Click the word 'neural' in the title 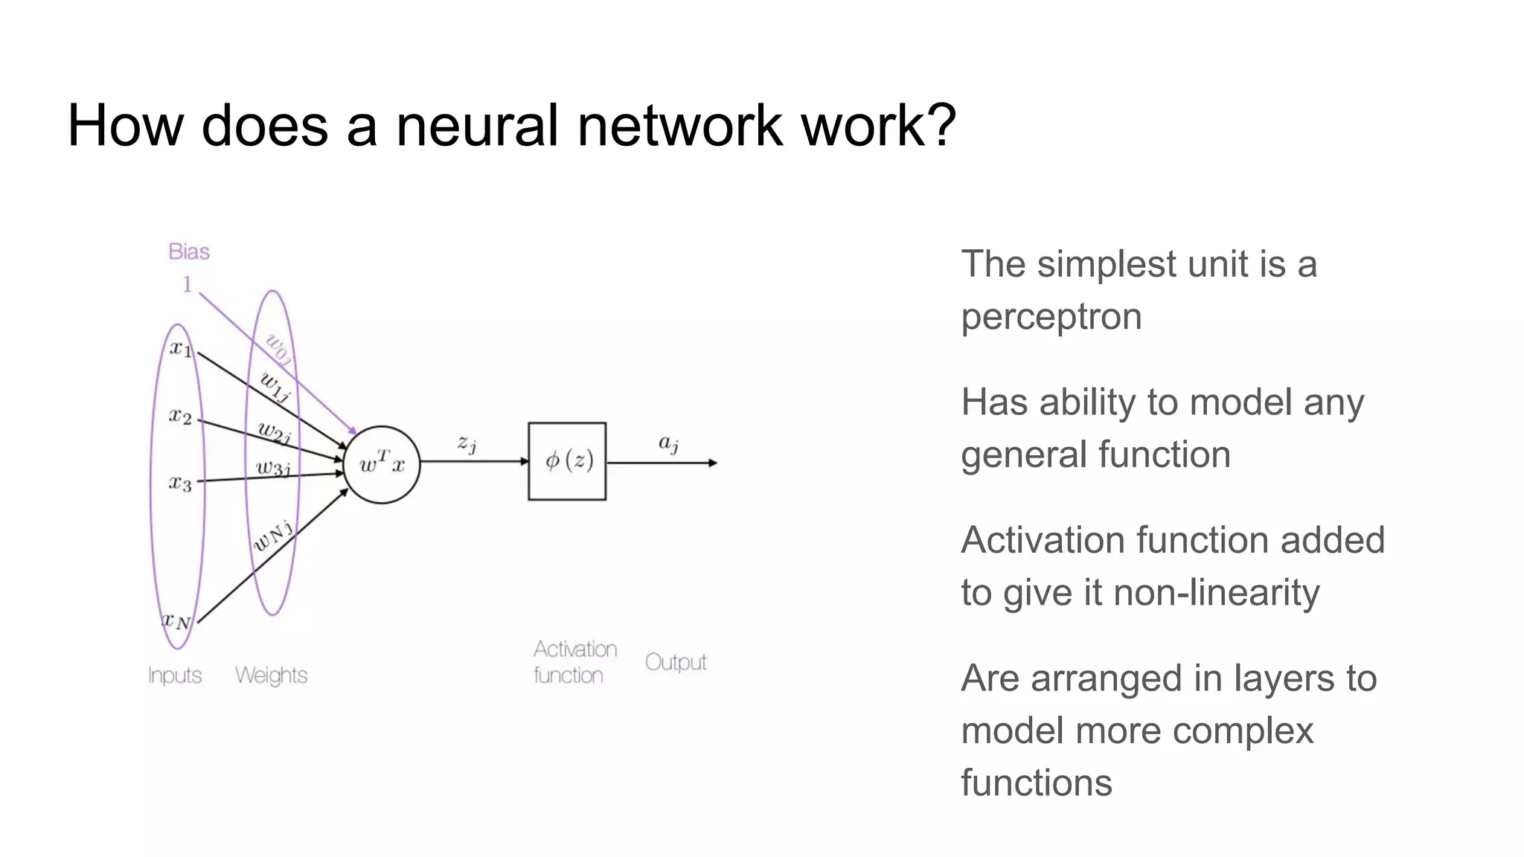pos(476,125)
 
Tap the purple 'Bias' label pos(189,251)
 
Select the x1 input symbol pos(181,347)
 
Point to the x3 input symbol pos(180,483)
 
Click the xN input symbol pos(177,620)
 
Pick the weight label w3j pos(273,468)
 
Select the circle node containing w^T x pos(382,465)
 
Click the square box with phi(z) pos(567,461)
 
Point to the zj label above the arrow pos(467,443)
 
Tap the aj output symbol pos(668,443)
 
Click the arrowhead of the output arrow pos(713,463)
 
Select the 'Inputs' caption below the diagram pos(175,675)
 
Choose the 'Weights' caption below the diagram pos(271,675)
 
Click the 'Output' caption pos(676,662)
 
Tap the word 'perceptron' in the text pos(1051,317)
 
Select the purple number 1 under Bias pos(188,284)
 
